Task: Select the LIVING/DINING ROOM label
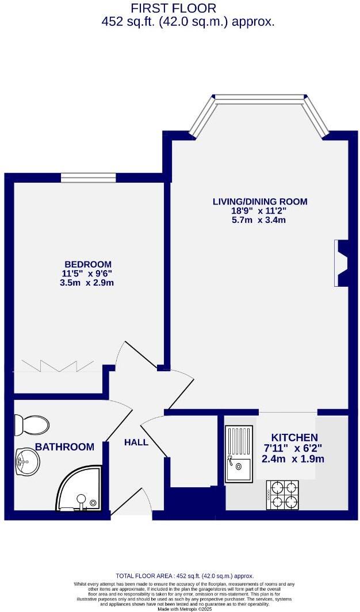click(x=260, y=202)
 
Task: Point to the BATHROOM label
click(x=64, y=447)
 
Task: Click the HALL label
click(x=136, y=442)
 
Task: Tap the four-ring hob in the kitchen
click(x=282, y=495)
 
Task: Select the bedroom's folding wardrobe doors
click(x=58, y=365)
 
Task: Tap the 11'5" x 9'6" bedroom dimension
click(x=88, y=274)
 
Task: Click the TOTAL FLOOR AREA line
click(x=184, y=576)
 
